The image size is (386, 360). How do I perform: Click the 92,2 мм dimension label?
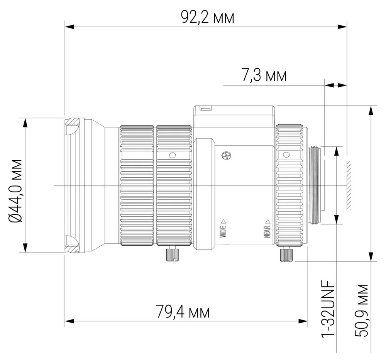point(208,17)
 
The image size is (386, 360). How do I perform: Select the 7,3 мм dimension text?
point(264,75)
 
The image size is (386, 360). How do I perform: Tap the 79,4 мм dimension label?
point(183,312)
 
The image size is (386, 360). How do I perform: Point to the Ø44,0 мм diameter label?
point(15,190)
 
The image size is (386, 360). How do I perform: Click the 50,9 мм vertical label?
point(361,311)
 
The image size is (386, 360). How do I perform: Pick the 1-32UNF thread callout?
point(328,309)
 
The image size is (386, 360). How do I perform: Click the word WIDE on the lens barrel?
point(223,231)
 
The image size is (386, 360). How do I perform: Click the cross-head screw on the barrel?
point(226,156)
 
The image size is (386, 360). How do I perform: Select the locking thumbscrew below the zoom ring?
point(172,254)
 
